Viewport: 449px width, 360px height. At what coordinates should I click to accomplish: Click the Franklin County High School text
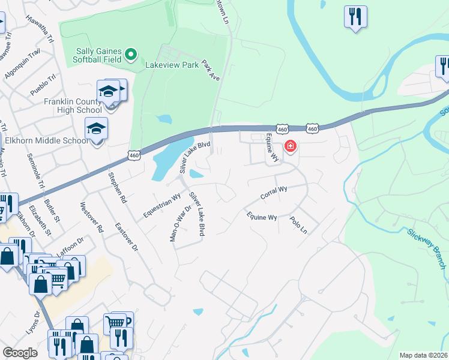coord(73,106)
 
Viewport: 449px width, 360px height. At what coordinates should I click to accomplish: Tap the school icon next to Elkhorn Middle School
coord(96,130)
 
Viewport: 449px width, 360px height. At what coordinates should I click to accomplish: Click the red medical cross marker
coord(291,146)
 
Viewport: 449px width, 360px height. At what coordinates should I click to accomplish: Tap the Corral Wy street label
coord(274,193)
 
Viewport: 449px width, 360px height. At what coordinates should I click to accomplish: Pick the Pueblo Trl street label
coord(43,85)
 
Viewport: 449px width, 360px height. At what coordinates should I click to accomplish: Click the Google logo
coord(20,353)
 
